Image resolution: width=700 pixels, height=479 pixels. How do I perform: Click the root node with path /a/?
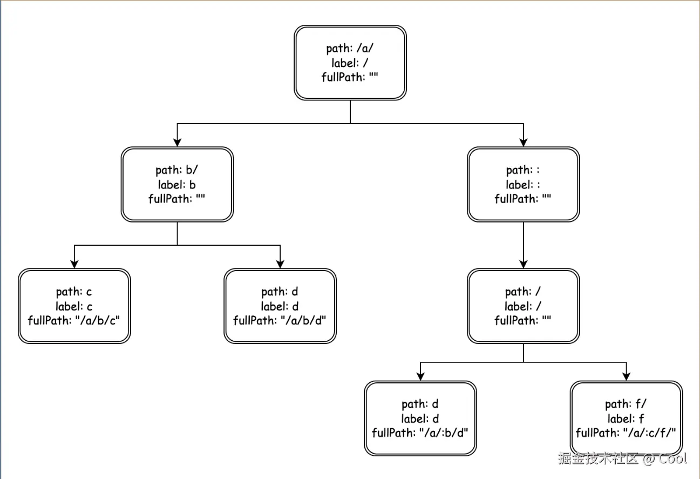[350, 63]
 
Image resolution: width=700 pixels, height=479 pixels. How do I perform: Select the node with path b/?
[177, 185]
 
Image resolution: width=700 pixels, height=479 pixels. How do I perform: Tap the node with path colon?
[523, 185]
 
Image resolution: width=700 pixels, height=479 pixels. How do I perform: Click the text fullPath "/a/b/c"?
[74, 320]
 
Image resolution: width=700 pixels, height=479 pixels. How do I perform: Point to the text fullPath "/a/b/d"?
[280, 320]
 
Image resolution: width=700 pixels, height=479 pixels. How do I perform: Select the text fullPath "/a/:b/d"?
[420, 433]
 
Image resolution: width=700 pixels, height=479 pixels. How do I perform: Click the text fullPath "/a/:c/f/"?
[626, 433]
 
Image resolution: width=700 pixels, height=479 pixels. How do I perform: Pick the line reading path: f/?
[626, 404]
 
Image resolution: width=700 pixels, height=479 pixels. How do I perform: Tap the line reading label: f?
[626, 419]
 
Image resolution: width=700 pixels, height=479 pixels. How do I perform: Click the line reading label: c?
[74, 306]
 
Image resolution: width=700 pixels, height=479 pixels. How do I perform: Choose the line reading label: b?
[177, 185]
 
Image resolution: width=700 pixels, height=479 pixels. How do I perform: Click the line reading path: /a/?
[350, 49]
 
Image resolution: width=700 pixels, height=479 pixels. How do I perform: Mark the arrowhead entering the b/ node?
[177, 142]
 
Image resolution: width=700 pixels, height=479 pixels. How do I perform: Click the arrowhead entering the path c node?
[74, 264]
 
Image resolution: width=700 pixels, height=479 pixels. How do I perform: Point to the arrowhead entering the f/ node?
[626, 376]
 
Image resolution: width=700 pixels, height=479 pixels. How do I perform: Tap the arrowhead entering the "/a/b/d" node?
[280, 264]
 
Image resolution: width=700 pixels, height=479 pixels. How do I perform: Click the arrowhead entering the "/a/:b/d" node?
[420, 376]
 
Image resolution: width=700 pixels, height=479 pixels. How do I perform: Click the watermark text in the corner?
[622, 458]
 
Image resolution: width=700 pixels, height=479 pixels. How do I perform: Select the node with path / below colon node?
[523, 306]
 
